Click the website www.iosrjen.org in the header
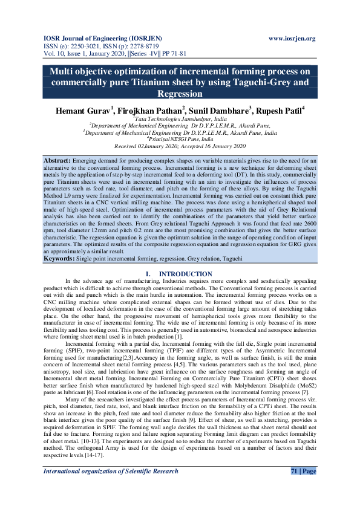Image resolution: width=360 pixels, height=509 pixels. (x=292, y=39)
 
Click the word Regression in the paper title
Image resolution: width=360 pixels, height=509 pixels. (x=180, y=94)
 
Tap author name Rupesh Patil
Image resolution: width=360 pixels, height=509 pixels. (x=278, y=111)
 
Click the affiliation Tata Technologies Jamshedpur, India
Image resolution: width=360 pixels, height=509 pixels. (x=180, y=120)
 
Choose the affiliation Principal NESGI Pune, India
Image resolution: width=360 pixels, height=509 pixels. (x=180, y=139)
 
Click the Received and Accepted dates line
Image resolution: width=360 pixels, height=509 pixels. (x=180, y=146)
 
